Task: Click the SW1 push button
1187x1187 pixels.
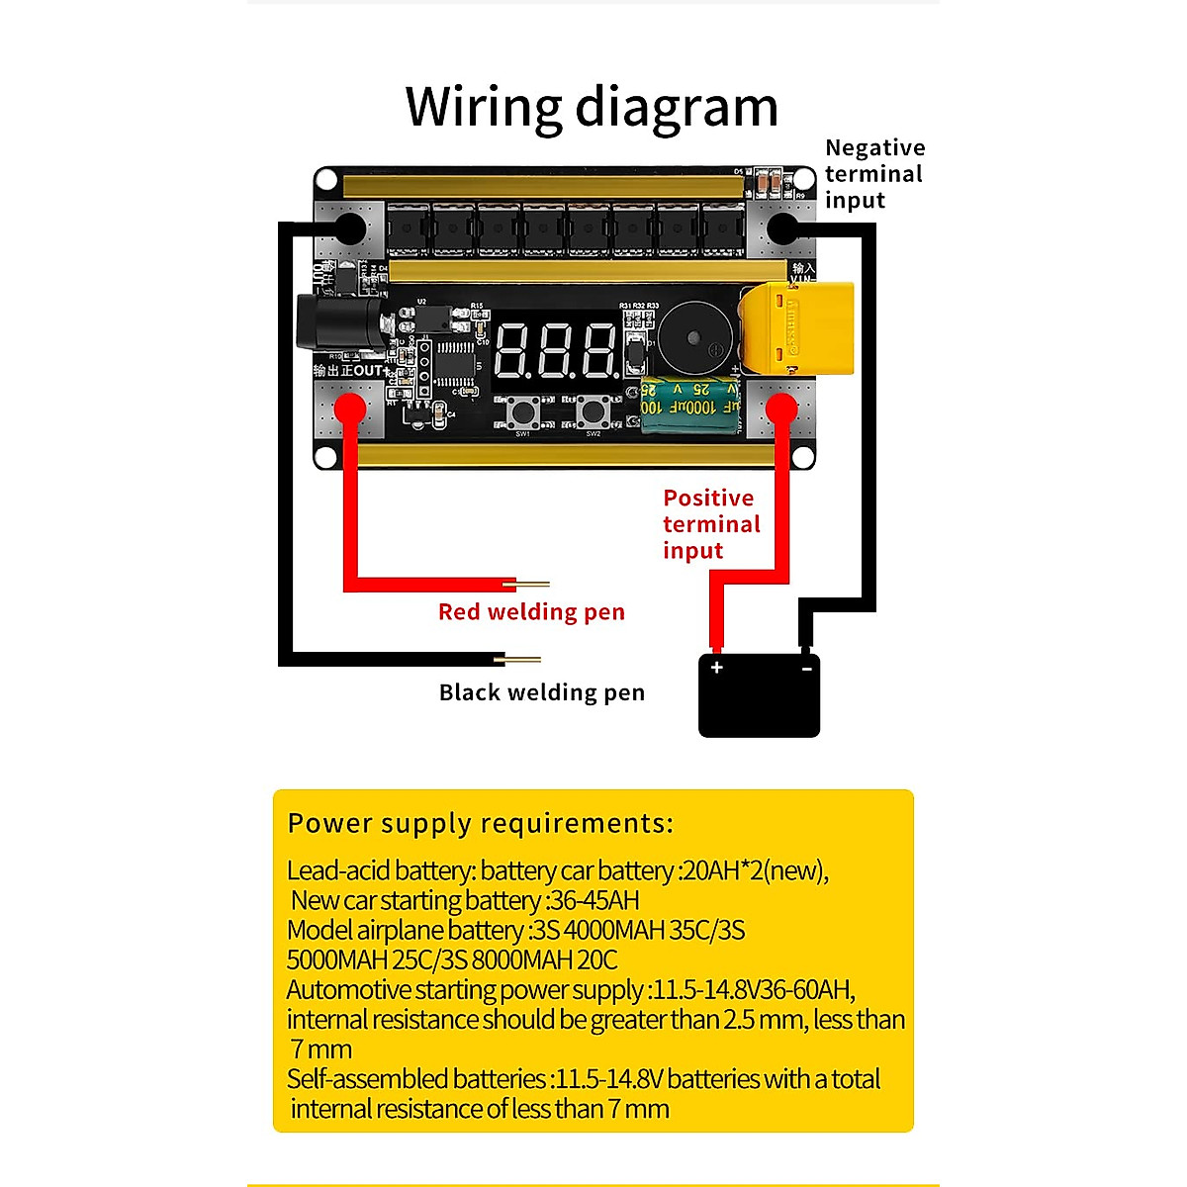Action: [x=521, y=409]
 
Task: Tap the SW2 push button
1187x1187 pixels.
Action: [x=593, y=409]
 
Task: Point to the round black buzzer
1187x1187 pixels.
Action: [x=698, y=336]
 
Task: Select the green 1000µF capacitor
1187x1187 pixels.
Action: [x=690, y=404]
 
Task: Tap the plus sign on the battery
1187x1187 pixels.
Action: [x=717, y=668]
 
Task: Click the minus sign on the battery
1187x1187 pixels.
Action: [x=806, y=669]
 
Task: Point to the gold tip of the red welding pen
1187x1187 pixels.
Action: [x=532, y=584]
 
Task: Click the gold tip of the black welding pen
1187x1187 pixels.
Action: [x=522, y=659]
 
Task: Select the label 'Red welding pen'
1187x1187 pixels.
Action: [x=531, y=612]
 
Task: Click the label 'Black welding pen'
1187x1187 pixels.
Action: [x=541, y=692]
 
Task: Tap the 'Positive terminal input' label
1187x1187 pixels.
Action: [x=711, y=524]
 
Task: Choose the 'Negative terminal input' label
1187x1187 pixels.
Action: [x=874, y=174]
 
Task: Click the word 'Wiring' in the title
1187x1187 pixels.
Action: [x=484, y=107]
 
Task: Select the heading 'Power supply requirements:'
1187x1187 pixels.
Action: [x=480, y=823]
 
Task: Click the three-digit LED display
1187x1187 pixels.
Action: [x=556, y=351]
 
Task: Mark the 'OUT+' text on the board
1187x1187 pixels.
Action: [x=368, y=371]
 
